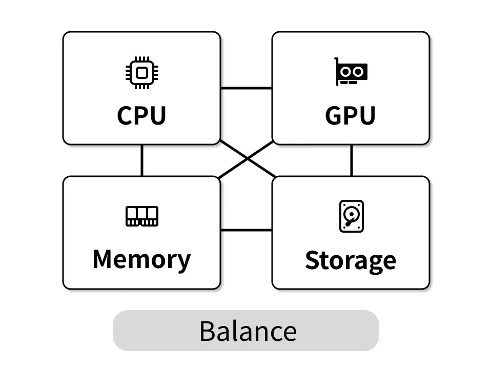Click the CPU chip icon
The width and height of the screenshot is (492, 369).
[x=141, y=72]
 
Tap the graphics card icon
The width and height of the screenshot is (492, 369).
[x=351, y=72]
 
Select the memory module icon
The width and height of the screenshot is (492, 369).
[x=142, y=216]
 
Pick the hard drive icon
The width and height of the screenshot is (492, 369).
[x=352, y=216]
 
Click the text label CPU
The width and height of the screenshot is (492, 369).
[x=141, y=116]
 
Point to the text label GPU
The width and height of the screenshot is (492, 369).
[x=351, y=116]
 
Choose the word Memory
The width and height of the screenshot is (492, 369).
[x=141, y=259]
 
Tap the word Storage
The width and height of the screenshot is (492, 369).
[x=351, y=260]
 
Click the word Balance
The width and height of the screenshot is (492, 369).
[x=248, y=331]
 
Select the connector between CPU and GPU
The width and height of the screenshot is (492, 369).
[x=246, y=88]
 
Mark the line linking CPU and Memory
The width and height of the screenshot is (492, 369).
[x=142, y=160]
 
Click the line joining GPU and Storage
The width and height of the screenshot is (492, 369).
[x=352, y=160]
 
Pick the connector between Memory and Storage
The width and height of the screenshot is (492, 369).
[x=246, y=230]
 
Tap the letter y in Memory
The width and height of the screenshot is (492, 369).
[x=183, y=262]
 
